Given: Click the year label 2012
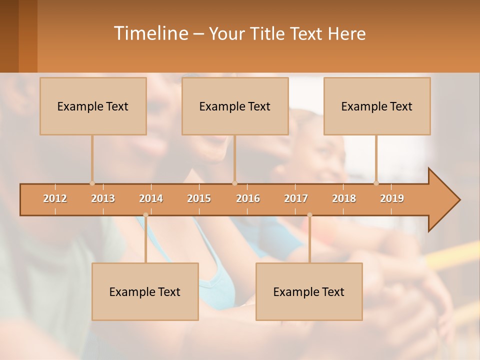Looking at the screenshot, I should tap(55, 198).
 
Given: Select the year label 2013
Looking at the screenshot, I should tap(103, 198).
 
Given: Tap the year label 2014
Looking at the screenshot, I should tap(151, 198).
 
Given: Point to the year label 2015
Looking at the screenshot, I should tap(199, 198).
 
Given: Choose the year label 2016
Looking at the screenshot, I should tap(248, 198).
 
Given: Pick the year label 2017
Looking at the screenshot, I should tap(296, 198).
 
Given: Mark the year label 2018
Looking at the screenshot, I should tap(344, 198).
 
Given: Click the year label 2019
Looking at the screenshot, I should tap(392, 198).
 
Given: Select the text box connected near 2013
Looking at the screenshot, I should tap(93, 106).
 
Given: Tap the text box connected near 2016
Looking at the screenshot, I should tap(235, 106).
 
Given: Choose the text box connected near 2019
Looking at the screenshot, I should tap(377, 106).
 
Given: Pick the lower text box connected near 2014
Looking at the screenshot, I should tap(145, 291).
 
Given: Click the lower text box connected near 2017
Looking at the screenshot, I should tap(309, 291).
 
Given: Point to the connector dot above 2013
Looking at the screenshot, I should tap(92, 183).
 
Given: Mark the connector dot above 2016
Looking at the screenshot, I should tap(234, 183).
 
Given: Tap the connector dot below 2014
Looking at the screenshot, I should tap(145, 215).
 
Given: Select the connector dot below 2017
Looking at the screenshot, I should tap(309, 215).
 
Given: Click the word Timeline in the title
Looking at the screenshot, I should tap(150, 33).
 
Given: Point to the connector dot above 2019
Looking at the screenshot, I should tap(376, 183).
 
